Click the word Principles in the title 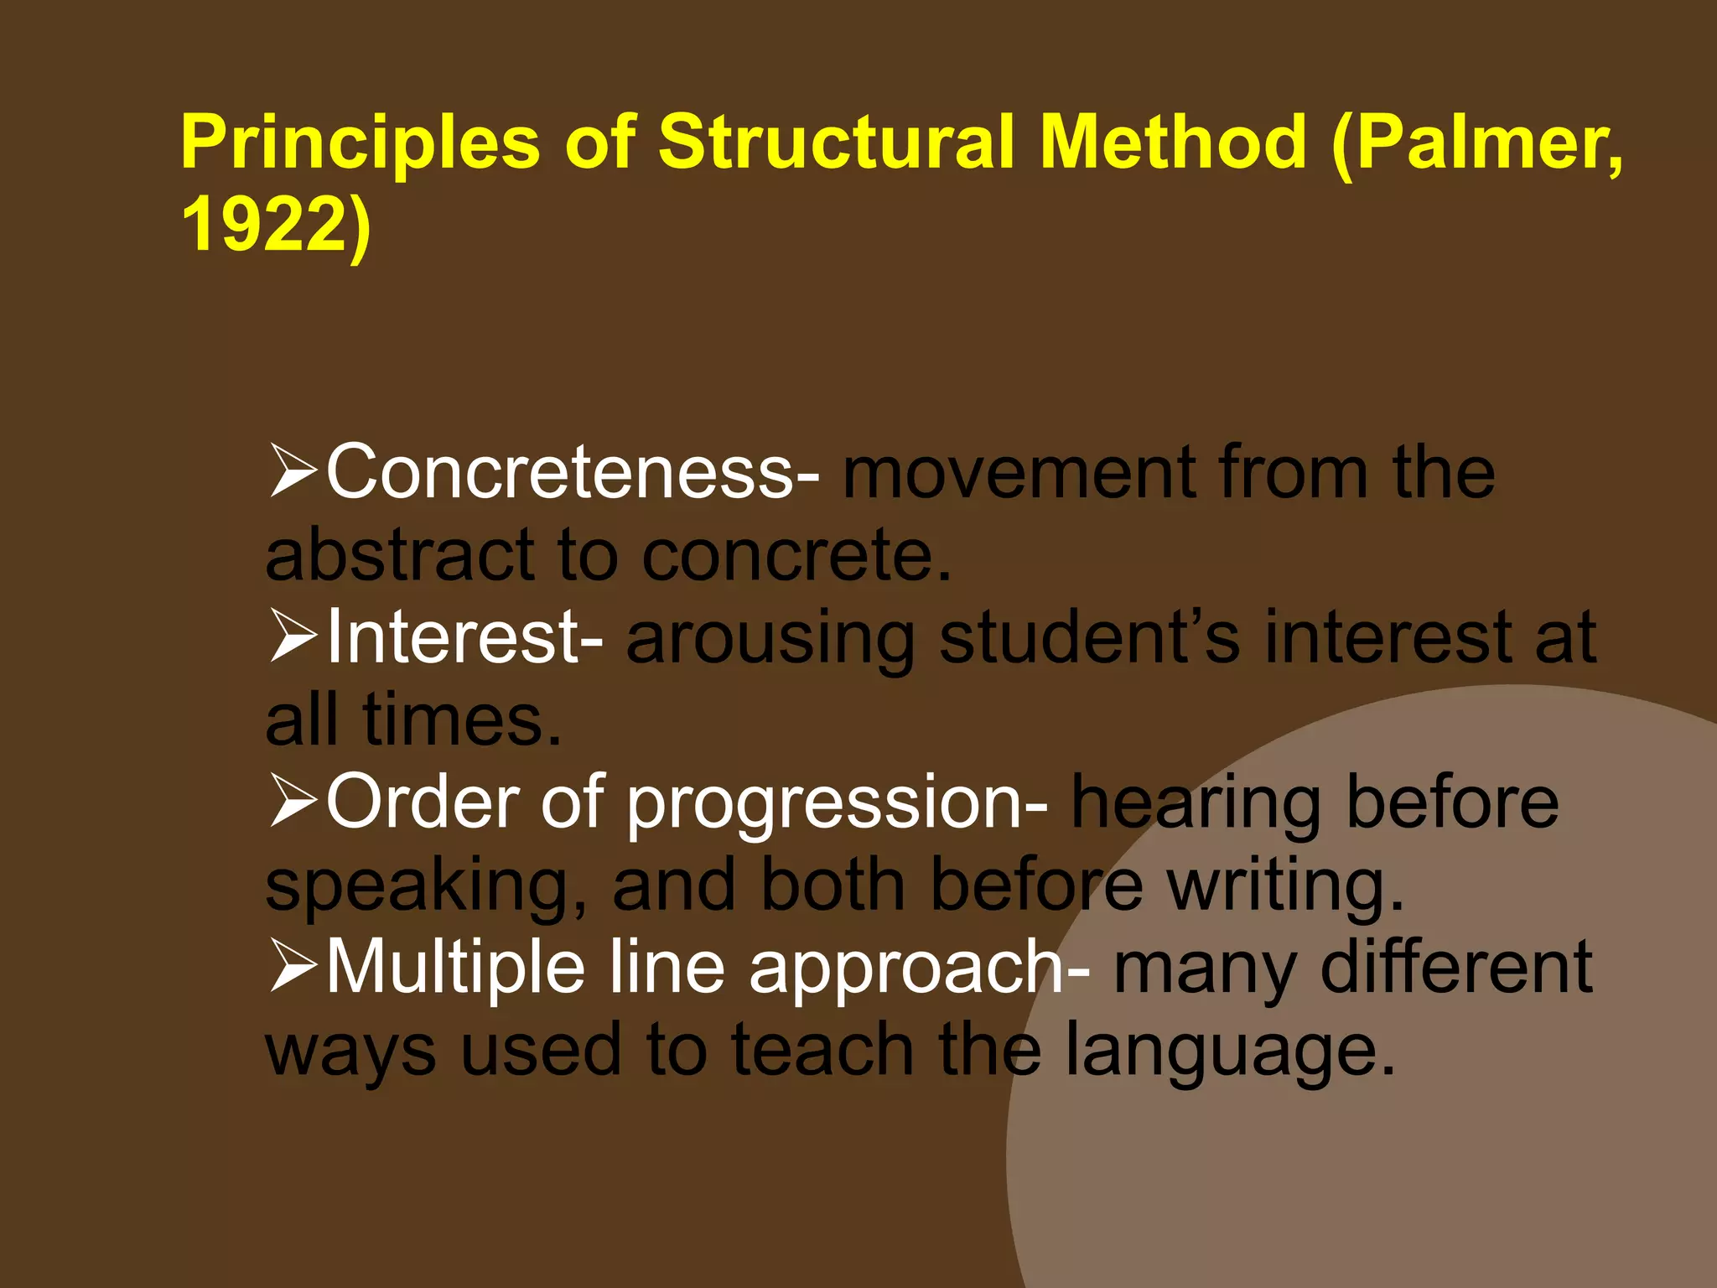pos(361,143)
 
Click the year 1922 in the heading pos(263,225)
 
